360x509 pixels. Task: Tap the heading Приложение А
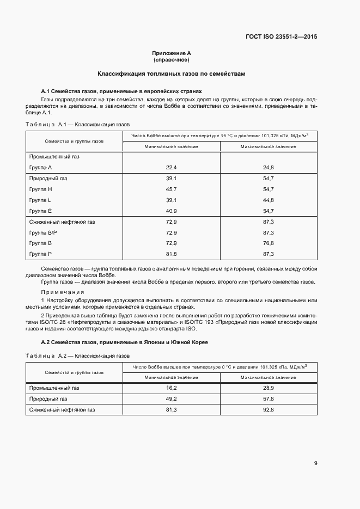pyautogui.click(x=172, y=53)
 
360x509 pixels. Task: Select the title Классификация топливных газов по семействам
pyautogui.click(x=172, y=73)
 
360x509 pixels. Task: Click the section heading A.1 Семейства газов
pyautogui.click(x=121, y=91)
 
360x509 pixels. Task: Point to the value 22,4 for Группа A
pyautogui.click(x=172, y=167)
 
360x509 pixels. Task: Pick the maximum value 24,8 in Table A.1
pyautogui.click(x=269, y=167)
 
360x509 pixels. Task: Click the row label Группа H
pyautogui.click(x=40, y=189)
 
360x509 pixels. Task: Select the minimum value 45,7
pyautogui.click(x=172, y=189)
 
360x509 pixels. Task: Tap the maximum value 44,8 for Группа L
pyautogui.click(x=269, y=200)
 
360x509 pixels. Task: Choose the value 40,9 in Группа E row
pyautogui.click(x=172, y=211)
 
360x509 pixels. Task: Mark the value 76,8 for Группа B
pyautogui.click(x=269, y=243)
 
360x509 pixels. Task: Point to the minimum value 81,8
pyautogui.click(x=172, y=254)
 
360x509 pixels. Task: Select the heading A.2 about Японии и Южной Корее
pyautogui.click(x=125, y=341)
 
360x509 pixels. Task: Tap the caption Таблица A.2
pyautogui.click(x=77, y=355)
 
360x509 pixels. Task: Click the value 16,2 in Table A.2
pyautogui.click(x=172, y=388)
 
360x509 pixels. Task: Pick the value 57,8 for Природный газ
pyautogui.click(x=269, y=398)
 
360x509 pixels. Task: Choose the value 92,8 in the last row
pyautogui.click(x=269, y=409)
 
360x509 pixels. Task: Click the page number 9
pyautogui.click(x=315, y=463)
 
